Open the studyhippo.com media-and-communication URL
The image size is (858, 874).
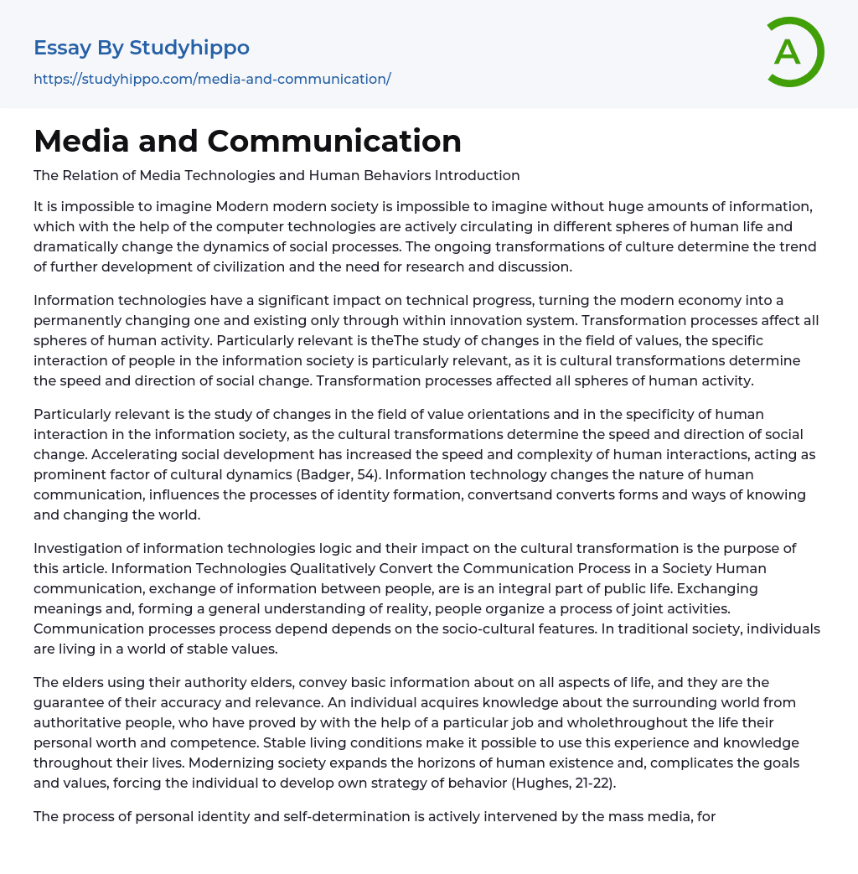click(x=212, y=79)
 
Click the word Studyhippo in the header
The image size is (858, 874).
click(x=189, y=48)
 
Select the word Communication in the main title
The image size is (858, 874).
click(x=334, y=141)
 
